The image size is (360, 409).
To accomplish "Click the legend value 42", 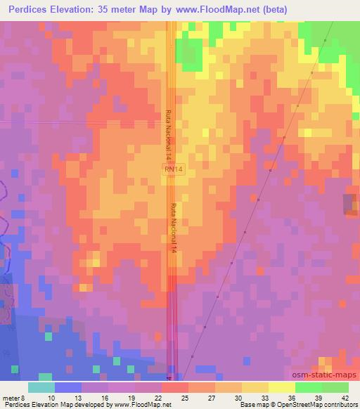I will pyautogui.click(x=345, y=397).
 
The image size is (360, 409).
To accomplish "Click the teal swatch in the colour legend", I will pyautogui.click(x=41, y=387).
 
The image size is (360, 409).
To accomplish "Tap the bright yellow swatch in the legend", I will pyautogui.click(x=282, y=387).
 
